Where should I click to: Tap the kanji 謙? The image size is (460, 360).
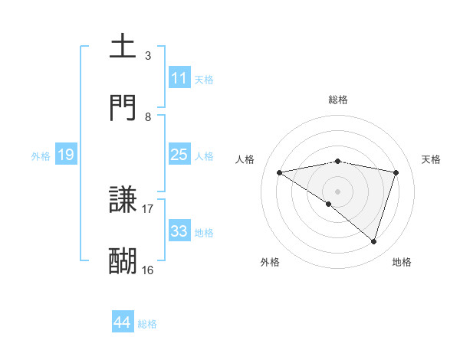coord(123,201)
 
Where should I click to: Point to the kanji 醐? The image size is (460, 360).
coord(123,261)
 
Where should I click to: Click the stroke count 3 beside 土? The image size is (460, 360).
coord(148,56)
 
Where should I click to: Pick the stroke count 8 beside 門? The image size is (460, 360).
coord(148,116)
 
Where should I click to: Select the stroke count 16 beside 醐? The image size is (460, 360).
coord(148,270)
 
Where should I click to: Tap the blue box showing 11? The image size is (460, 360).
coord(179,78)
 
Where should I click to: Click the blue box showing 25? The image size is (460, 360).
coord(179,154)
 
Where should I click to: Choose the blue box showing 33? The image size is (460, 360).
coord(179,231)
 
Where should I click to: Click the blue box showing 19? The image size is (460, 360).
coord(65,155)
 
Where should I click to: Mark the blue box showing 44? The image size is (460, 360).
coord(122,322)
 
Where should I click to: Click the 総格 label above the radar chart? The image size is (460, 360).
coord(338,100)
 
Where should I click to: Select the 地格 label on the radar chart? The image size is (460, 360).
coord(402,262)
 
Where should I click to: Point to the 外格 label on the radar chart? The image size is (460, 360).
coord(270,262)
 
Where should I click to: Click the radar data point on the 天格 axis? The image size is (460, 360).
coord(396,172)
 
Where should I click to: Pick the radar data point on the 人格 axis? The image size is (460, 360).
coord(280,172)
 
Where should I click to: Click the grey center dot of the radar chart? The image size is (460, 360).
coord(338,191)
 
